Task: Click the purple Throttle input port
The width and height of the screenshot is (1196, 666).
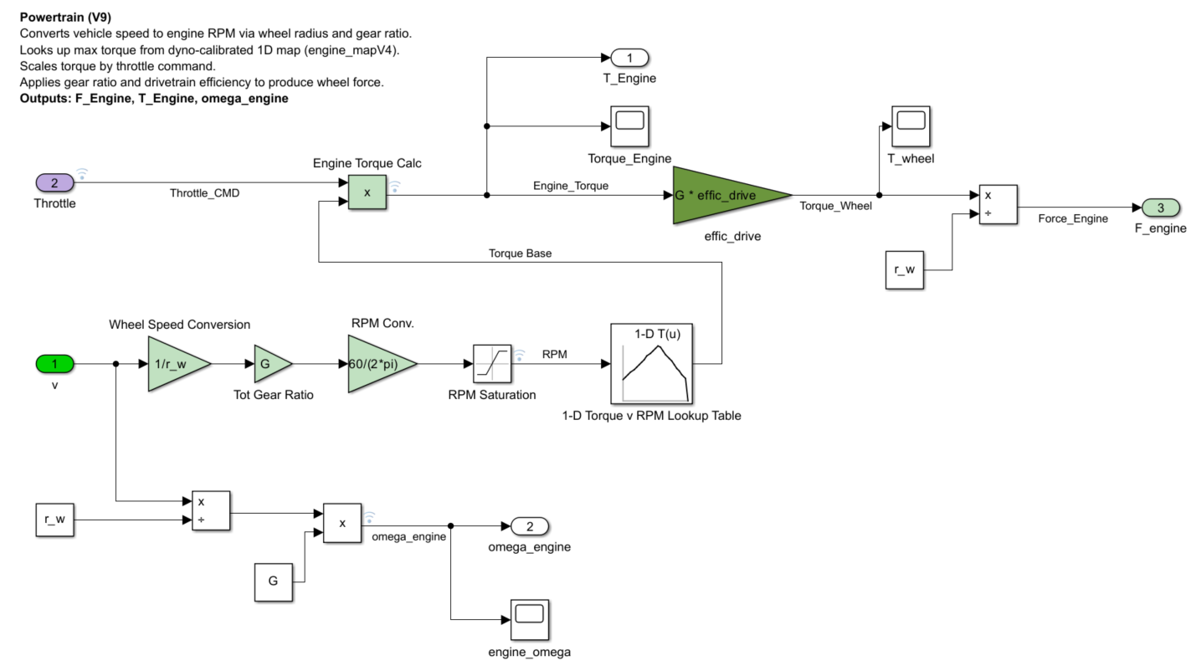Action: pyautogui.click(x=54, y=182)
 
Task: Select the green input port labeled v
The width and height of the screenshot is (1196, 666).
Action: pyautogui.click(x=54, y=364)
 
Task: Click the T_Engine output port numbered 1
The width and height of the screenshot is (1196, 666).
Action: pyautogui.click(x=629, y=58)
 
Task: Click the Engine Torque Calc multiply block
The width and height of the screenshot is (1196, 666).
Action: pyautogui.click(x=367, y=192)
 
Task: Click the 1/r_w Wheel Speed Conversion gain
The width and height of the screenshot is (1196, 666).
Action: pyautogui.click(x=174, y=364)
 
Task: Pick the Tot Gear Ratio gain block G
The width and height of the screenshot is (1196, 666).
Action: pyautogui.click(x=269, y=364)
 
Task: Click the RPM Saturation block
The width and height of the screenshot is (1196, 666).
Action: pyautogui.click(x=491, y=364)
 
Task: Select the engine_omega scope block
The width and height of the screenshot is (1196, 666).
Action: pyautogui.click(x=529, y=619)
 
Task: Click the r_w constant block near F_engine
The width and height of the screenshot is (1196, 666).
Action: pyautogui.click(x=905, y=270)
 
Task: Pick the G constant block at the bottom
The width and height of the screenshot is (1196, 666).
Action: pyautogui.click(x=274, y=581)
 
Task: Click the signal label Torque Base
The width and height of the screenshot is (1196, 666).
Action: pyautogui.click(x=520, y=253)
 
